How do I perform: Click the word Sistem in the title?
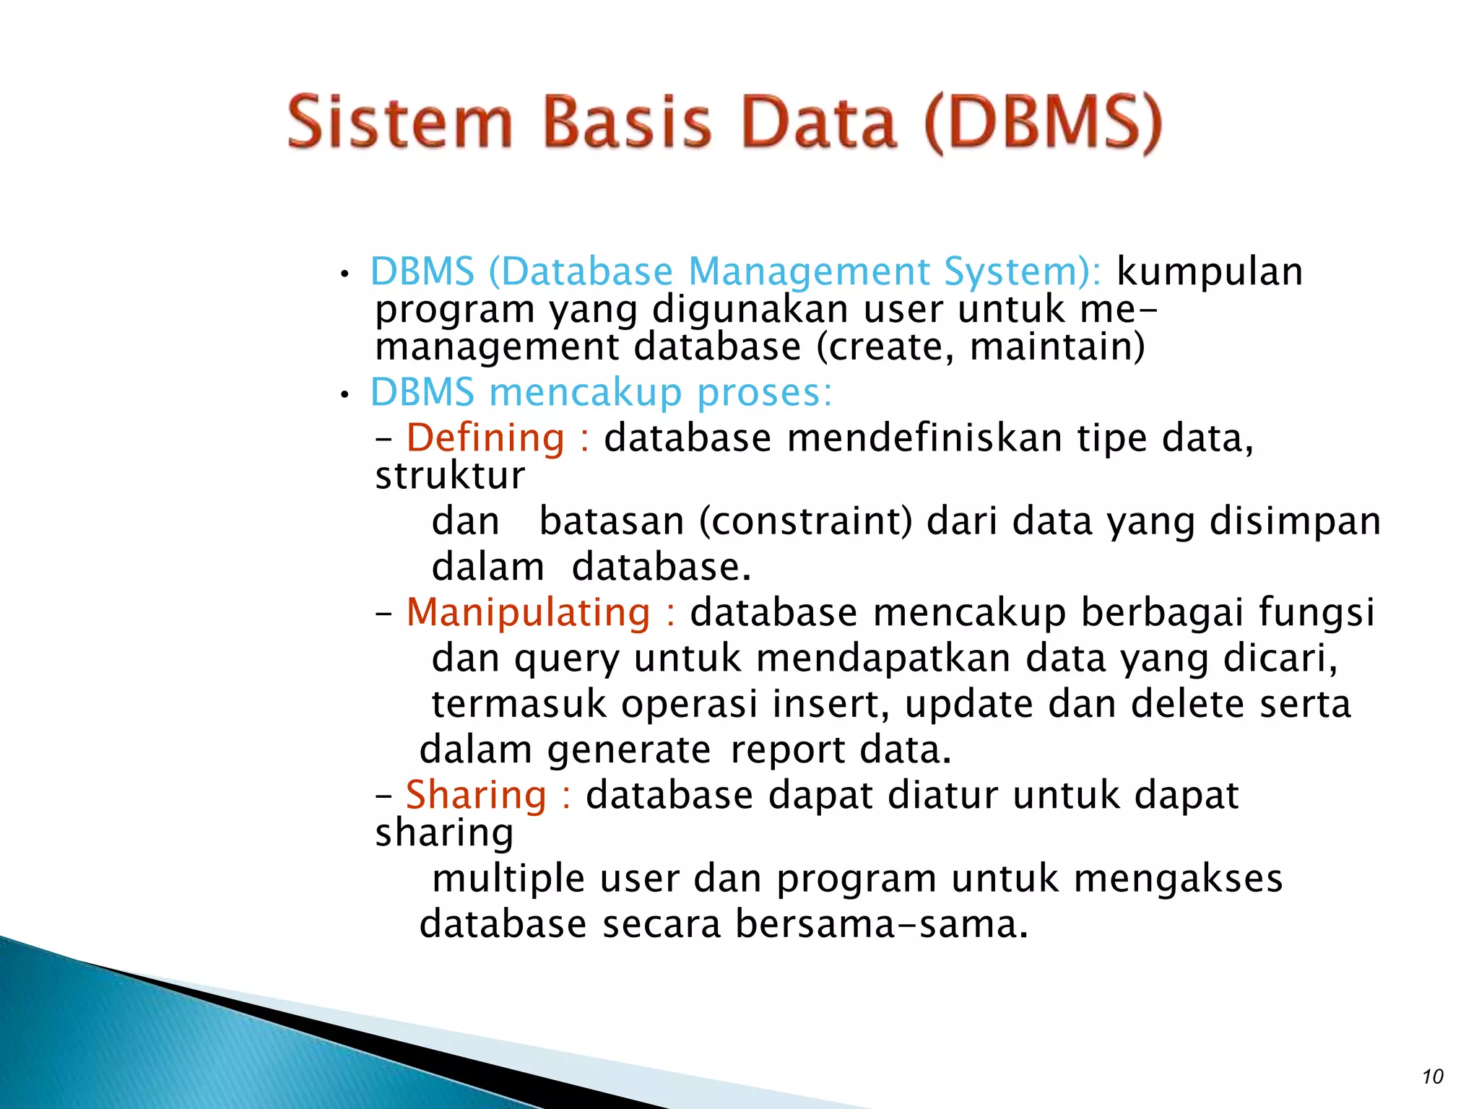399,123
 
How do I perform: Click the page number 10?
1432,1077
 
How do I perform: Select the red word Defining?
485,438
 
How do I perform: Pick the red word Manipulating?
528,612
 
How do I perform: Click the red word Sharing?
476,795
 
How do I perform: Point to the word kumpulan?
1210,271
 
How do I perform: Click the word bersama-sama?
881,924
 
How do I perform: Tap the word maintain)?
1057,347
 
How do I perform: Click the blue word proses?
764,393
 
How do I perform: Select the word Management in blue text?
809,271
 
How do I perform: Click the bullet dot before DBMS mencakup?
345,395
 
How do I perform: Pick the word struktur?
450,477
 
